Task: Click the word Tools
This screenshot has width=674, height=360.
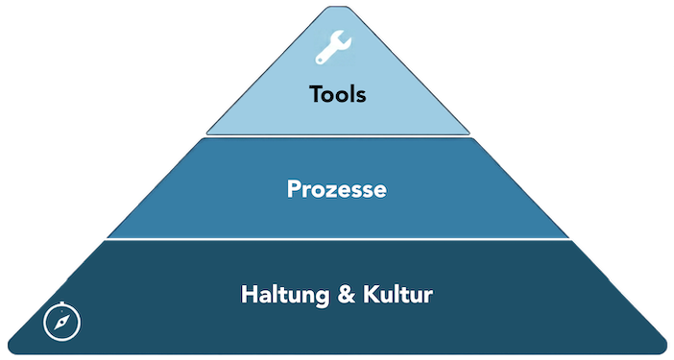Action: tap(337, 95)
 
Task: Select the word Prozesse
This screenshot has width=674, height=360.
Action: tap(337, 189)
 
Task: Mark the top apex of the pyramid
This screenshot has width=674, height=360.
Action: tap(338, 8)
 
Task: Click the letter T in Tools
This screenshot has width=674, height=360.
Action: tap(316, 95)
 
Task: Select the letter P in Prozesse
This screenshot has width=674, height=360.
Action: tap(294, 189)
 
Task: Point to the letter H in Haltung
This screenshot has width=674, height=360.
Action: tap(248, 294)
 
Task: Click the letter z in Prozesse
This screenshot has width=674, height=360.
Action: tap(330, 190)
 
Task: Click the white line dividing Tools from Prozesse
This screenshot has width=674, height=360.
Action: tap(337, 135)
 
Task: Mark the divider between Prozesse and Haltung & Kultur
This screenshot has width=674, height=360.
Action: tap(337, 239)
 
